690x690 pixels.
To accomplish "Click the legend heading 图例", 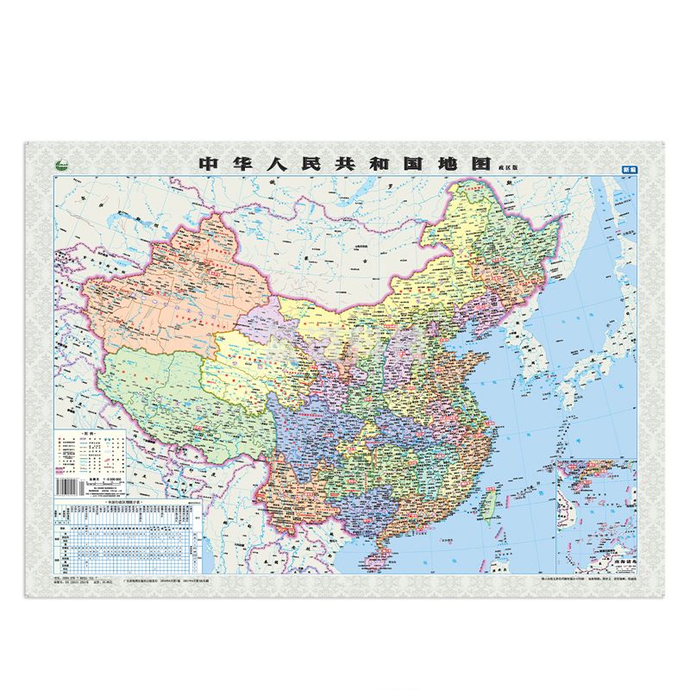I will point(85,430).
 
